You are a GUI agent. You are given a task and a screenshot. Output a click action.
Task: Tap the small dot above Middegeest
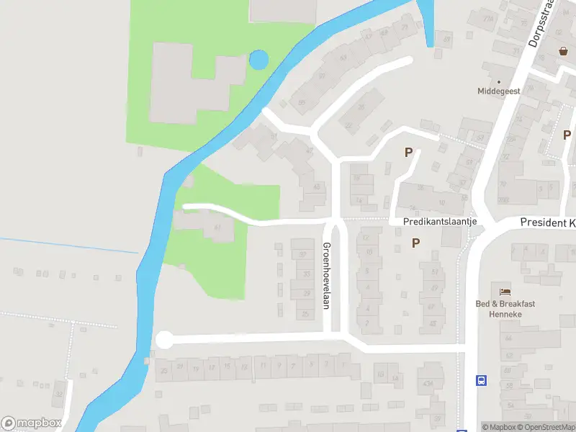[x=498, y=81]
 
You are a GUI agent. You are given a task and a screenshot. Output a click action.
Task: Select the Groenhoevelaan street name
[x=325, y=276]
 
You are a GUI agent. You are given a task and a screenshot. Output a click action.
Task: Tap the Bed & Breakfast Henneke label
[x=505, y=309]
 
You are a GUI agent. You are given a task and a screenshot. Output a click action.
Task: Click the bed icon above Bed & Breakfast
[x=505, y=292]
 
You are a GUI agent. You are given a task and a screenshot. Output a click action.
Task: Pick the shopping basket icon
[x=564, y=51]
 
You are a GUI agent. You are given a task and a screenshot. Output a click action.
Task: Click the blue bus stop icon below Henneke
[x=480, y=380]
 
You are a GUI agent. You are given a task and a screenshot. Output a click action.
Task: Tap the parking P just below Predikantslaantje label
[x=415, y=243]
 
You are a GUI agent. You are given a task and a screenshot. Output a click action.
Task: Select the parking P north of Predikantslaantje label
[x=409, y=152]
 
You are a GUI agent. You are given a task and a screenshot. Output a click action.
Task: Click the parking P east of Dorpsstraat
[x=567, y=135]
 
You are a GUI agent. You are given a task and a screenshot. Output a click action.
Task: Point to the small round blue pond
[x=258, y=60]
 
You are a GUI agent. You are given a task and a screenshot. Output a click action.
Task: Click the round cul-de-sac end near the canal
[x=165, y=340]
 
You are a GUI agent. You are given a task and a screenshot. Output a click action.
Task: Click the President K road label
[x=548, y=223]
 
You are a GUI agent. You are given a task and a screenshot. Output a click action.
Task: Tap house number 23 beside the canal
[x=165, y=370]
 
